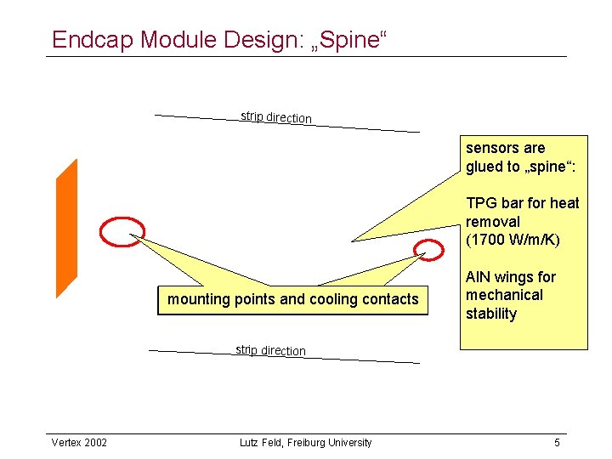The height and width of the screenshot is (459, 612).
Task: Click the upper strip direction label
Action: tap(276, 117)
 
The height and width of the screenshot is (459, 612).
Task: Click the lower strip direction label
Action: tap(270, 349)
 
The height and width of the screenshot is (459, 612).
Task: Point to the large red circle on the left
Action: tap(122, 229)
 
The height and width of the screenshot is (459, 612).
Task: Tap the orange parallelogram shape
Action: tap(66, 228)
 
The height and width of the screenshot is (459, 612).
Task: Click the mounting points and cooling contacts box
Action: tap(293, 299)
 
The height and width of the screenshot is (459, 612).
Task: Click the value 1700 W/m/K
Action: tap(513, 240)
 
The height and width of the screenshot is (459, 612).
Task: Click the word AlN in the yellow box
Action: tap(477, 277)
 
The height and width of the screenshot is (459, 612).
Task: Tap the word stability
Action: tap(491, 314)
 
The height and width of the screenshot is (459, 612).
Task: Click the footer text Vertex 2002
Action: tap(79, 443)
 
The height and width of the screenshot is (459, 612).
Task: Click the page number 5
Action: tap(557, 443)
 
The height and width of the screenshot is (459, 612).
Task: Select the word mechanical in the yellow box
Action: tap(504, 295)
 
